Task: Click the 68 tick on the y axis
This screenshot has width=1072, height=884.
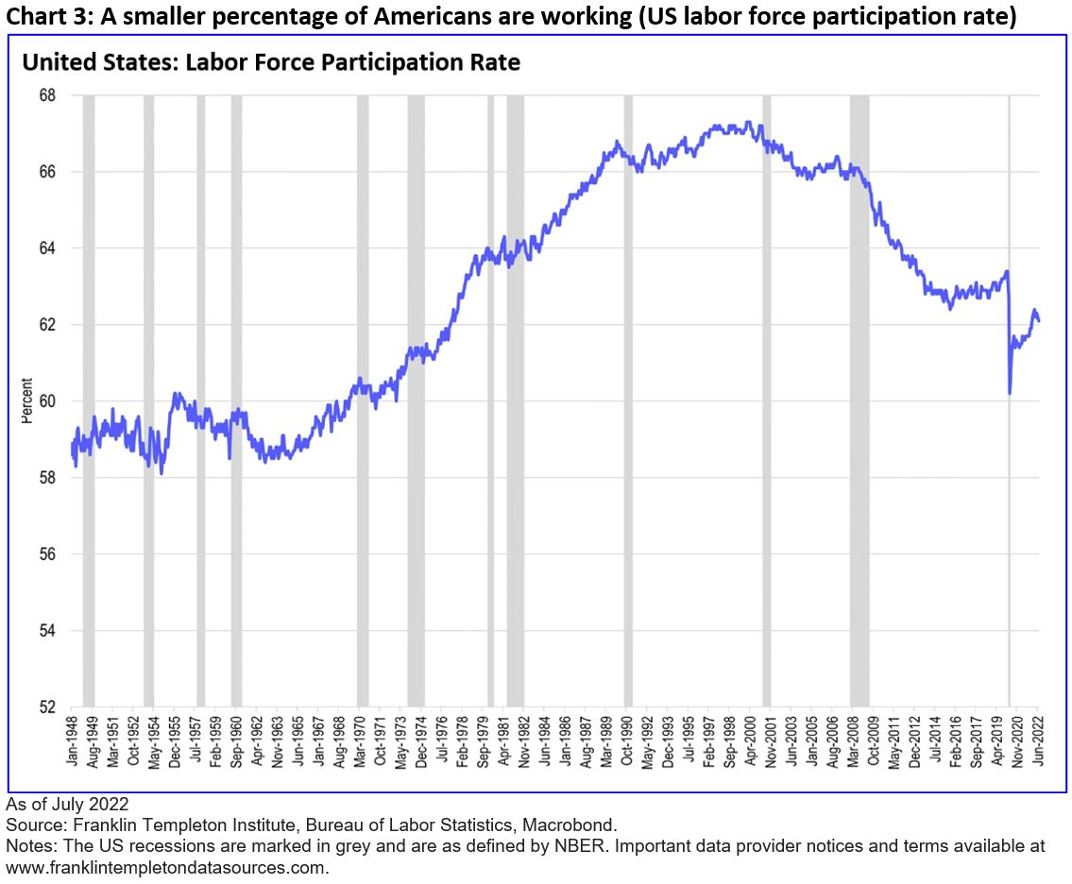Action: [47, 95]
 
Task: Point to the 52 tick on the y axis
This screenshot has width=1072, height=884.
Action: [47, 706]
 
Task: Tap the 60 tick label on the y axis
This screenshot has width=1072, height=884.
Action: [47, 401]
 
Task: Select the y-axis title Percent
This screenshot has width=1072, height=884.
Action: [27, 400]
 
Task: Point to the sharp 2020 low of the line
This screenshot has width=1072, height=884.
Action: [1011, 393]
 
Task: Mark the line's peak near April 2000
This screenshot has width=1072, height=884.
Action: [748, 122]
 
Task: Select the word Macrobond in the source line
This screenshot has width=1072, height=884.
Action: [577, 824]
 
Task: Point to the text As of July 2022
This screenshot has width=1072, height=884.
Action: [66, 804]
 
